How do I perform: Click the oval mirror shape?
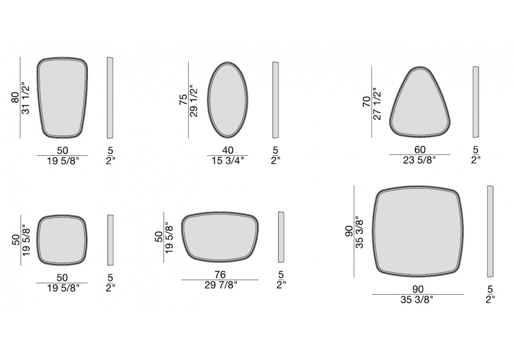tap(228, 100)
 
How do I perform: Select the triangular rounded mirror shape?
tap(419, 102)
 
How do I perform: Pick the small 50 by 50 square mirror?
tap(62, 240)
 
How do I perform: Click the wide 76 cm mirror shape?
tap(219, 237)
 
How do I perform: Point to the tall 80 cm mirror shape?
tap(62, 97)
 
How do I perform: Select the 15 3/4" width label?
tap(228, 160)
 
